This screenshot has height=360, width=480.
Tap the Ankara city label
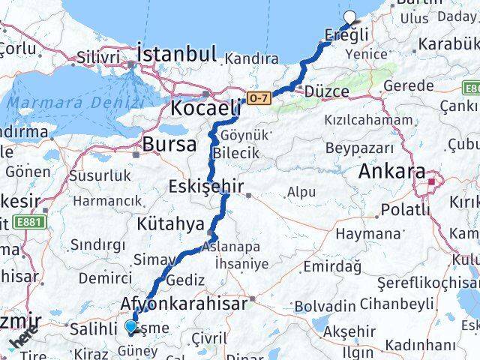click(x=391, y=171)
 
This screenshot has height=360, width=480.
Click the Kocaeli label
click(x=205, y=106)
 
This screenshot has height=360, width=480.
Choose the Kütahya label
click(x=170, y=223)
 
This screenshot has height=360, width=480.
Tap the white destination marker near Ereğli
click(x=349, y=18)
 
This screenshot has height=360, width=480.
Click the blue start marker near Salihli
click(x=131, y=326)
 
